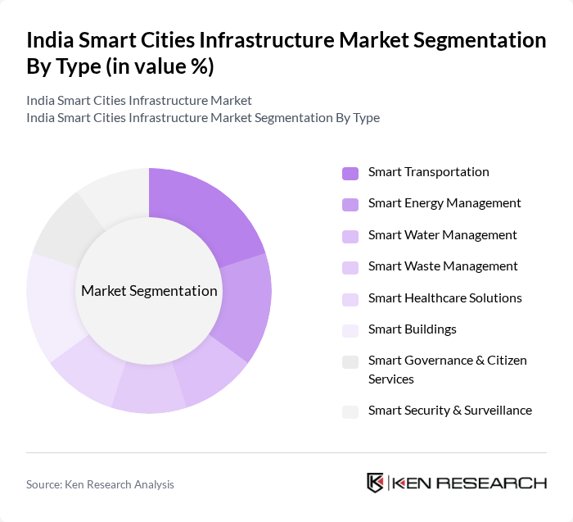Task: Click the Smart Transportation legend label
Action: click(428, 172)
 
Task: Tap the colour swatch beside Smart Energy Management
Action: click(350, 204)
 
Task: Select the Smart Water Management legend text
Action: click(442, 235)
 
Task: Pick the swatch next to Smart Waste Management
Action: click(350, 267)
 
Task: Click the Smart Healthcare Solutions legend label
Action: click(444, 298)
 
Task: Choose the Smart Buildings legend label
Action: click(412, 329)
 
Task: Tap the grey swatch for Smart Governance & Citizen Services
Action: click(350, 361)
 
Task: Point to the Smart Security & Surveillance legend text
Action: click(449, 411)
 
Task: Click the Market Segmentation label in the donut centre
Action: click(149, 291)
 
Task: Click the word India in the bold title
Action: click(52, 40)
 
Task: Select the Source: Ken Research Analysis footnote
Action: click(100, 484)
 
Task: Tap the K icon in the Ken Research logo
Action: click(375, 483)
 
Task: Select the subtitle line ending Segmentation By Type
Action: click(203, 117)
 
